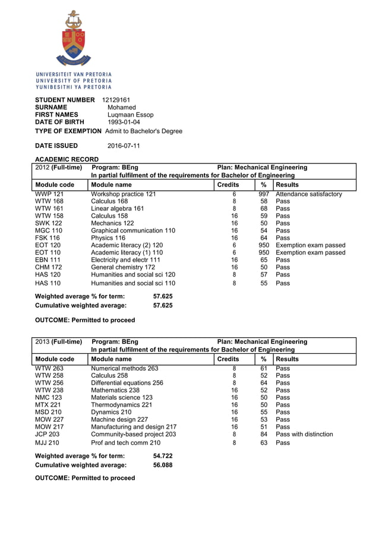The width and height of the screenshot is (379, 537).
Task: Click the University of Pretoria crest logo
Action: tap(74, 39)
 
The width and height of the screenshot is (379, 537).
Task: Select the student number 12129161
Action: tap(116, 99)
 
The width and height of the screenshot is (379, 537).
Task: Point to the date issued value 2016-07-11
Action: tap(124, 146)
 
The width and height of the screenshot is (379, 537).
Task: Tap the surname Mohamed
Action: tap(122, 107)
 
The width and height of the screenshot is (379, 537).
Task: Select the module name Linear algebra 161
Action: tap(117, 209)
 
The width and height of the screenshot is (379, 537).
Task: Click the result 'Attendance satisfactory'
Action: tap(309, 194)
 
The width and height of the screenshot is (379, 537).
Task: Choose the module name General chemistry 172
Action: tap(122, 268)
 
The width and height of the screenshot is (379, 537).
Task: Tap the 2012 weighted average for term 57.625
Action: tap(163, 296)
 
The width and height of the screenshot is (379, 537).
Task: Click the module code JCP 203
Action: tap(48, 434)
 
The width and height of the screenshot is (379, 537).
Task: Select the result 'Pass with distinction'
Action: tap(304, 434)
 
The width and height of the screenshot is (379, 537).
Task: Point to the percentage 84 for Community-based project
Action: tap(264, 434)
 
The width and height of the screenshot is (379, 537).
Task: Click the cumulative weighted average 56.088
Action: tap(163, 465)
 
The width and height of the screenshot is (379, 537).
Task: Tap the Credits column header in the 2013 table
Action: tap(228, 359)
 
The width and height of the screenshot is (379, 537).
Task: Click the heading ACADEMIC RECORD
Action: tap(67, 159)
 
